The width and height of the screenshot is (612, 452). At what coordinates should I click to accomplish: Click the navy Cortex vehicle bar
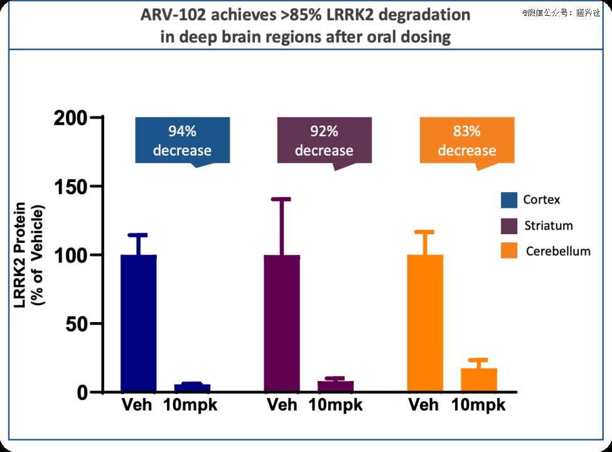pyautogui.click(x=138, y=323)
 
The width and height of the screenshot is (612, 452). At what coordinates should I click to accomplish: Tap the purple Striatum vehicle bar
pyautogui.click(x=282, y=323)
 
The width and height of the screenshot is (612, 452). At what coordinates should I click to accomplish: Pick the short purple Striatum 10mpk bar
pyautogui.click(x=335, y=386)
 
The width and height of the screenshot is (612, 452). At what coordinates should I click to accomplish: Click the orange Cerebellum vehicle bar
pyautogui.click(x=425, y=323)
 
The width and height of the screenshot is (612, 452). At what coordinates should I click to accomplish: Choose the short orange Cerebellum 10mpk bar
pyautogui.click(x=479, y=380)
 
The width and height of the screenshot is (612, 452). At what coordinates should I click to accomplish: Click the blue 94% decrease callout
pyautogui.click(x=183, y=141)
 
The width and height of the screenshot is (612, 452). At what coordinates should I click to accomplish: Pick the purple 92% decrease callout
pyautogui.click(x=324, y=141)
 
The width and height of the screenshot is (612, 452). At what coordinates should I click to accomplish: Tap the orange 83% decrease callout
pyautogui.click(x=466, y=141)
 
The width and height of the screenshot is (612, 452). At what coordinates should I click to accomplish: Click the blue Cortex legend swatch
pyautogui.click(x=508, y=200)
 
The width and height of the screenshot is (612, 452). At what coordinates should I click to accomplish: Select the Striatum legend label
pyautogui.click(x=549, y=226)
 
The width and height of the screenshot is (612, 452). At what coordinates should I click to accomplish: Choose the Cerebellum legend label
pyautogui.click(x=558, y=251)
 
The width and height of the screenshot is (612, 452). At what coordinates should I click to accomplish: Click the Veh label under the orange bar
pyautogui.click(x=424, y=405)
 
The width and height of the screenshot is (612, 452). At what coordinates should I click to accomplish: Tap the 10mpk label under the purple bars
pyautogui.click(x=336, y=405)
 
